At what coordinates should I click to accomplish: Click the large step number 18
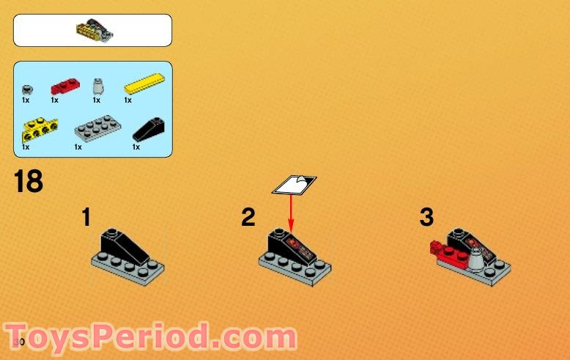[29, 181]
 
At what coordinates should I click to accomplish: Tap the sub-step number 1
[87, 218]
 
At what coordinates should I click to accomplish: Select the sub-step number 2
[249, 218]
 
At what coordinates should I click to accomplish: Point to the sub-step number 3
[426, 218]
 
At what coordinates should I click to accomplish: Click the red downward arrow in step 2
[291, 213]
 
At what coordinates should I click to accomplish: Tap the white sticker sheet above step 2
[295, 184]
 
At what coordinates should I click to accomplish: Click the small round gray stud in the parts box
[27, 86]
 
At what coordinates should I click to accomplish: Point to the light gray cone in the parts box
[97, 86]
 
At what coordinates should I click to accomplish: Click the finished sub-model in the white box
[94, 31]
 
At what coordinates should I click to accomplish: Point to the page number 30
[19, 342]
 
